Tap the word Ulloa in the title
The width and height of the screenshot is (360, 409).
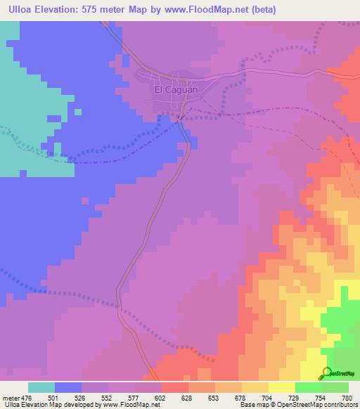pyautogui.click(x=21, y=10)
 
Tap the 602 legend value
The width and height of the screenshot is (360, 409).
pyautogui.click(x=161, y=397)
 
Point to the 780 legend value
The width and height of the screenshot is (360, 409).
pyautogui.click(x=345, y=397)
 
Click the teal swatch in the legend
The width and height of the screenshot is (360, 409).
pyautogui.click(x=41, y=387)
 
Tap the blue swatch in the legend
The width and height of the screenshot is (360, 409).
pyautogui.click(x=68, y=387)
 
